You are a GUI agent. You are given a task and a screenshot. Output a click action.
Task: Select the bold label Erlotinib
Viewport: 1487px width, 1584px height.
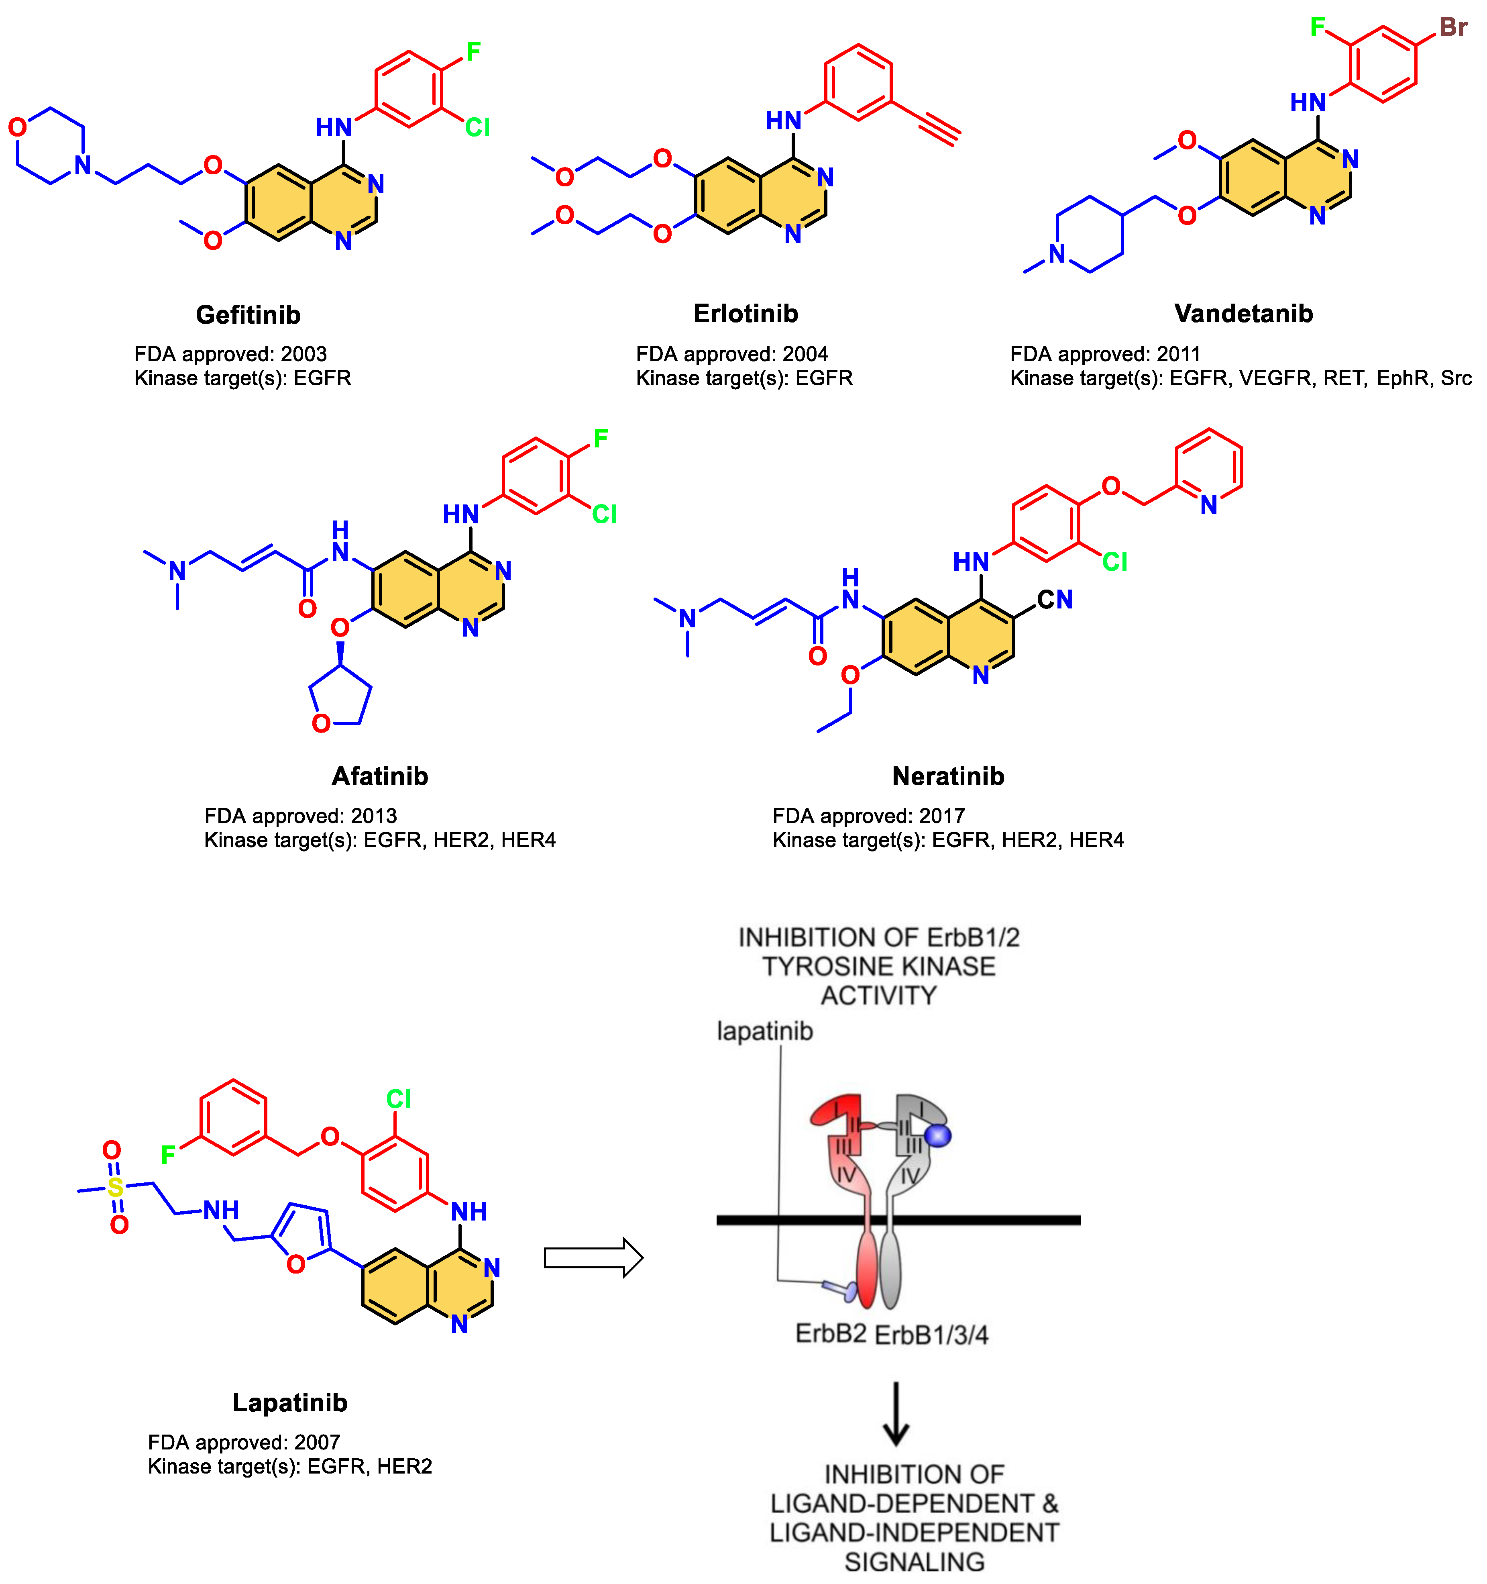coord(746,313)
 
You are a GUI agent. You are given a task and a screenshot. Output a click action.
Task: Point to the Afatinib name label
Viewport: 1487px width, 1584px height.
coord(380,776)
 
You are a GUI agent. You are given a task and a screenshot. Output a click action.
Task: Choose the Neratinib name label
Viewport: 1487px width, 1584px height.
coord(948,776)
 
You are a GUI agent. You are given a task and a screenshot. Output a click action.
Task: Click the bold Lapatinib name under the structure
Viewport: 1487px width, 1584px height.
coord(290,1402)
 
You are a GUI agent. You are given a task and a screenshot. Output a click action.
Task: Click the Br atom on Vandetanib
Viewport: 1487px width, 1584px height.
coord(1453,27)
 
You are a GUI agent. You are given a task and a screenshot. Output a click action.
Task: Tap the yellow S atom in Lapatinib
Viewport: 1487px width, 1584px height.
coord(116,1187)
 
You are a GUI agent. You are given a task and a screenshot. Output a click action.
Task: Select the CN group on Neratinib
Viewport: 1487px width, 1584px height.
coord(1055,600)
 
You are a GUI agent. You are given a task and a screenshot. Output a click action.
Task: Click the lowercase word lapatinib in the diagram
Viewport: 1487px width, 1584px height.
coord(765,1031)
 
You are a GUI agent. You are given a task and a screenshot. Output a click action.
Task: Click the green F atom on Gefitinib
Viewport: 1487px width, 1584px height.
coord(473,53)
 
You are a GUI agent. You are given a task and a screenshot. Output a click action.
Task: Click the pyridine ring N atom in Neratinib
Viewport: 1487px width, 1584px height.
coord(1208,505)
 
